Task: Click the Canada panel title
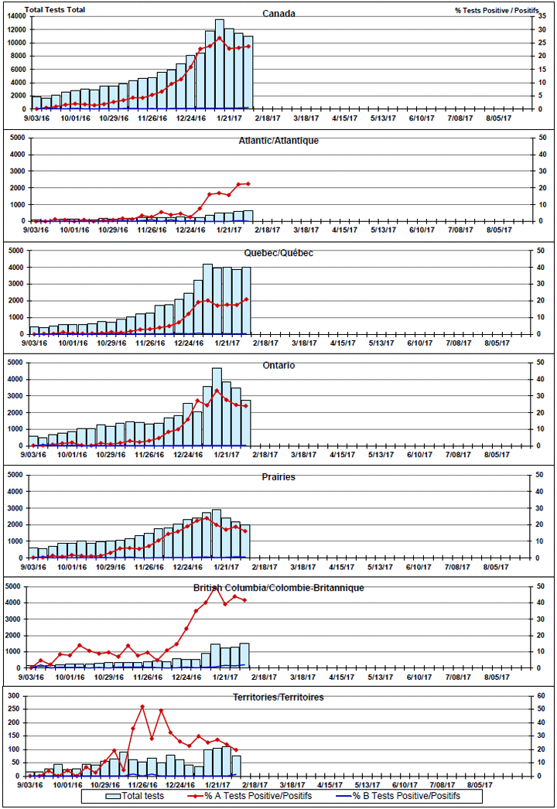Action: click(278, 13)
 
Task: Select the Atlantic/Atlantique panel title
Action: click(278, 141)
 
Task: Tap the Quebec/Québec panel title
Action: click(278, 253)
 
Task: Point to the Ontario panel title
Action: click(278, 365)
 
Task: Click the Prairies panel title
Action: click(278, 477)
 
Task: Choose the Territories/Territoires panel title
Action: click(278, 697)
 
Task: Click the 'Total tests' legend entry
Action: click(137, 796)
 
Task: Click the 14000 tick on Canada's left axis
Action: click(17, 16)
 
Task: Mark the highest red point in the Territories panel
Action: click(142, 706)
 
